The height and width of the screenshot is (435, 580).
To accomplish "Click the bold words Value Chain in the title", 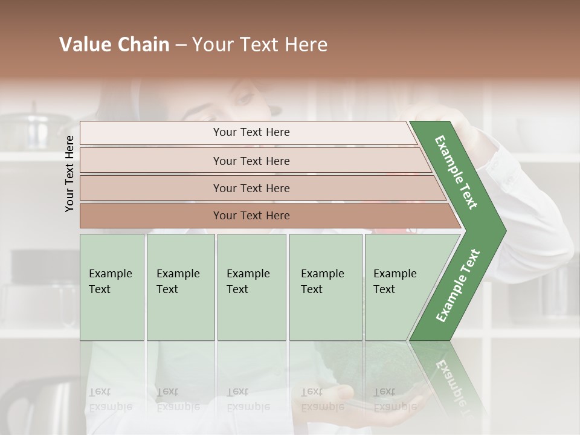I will coord(114,45).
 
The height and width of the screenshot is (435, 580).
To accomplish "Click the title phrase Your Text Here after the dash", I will coord(260,45).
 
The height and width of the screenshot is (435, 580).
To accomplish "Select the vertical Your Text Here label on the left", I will coord(69,173).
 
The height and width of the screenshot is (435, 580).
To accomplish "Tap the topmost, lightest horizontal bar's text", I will coord(251,132).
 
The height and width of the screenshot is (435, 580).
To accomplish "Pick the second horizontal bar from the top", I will coord(251,161).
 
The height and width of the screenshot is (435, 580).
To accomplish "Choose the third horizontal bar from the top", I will coord(251,188).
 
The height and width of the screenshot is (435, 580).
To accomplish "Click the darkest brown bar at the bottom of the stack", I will coord(251,216).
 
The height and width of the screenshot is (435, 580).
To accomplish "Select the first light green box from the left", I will coord(112,287).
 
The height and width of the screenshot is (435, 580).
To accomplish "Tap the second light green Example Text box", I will coord(180,287).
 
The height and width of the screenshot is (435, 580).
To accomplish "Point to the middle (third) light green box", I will coord(251,287).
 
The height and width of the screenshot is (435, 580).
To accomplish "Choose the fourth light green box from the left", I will coord(325,287).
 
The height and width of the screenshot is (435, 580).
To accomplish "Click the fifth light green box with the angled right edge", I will coord(399,287).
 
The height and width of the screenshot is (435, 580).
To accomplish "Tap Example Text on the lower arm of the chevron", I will coord(458,285).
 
